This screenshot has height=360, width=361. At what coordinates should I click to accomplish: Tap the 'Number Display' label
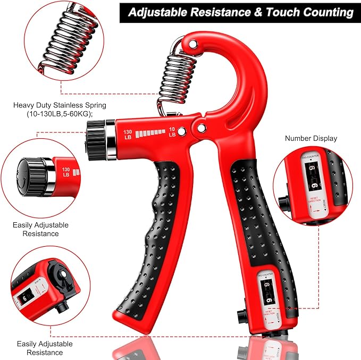pos(311,138)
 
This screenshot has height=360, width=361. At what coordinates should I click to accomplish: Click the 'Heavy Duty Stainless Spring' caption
pos(60,105)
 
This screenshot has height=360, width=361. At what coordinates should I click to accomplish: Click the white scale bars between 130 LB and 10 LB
pos(150,133)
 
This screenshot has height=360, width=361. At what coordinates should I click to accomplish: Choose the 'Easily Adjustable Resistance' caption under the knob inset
pos(40,229)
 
